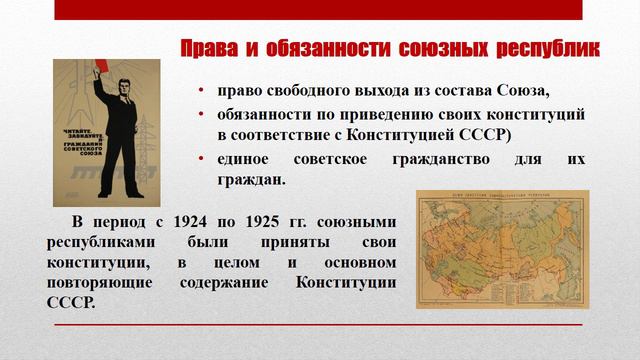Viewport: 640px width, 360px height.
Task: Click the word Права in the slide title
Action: coord(209,48)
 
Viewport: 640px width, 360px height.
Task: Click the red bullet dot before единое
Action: coord(202,160)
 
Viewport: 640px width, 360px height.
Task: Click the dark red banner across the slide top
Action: coord(317,10)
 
